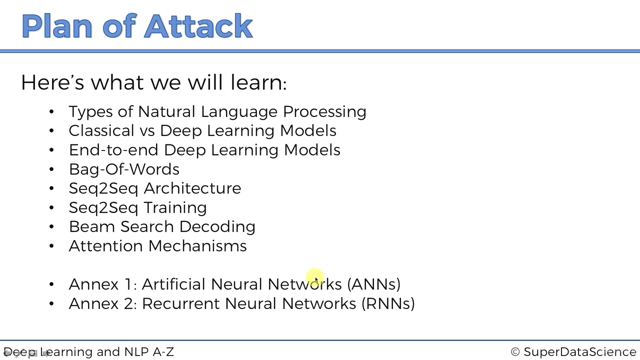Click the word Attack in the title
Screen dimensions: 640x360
(x=198, y=26)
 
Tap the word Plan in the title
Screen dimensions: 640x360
(x=57, y=26)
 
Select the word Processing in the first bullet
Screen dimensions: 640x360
(x=324, y=111)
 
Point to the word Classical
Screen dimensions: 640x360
(x=101, y=130)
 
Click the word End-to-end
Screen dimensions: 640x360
(x=113, y=149)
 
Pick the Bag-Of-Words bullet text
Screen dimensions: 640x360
(x=124, y=169)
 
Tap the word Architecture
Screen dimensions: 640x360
(x=192, y=188)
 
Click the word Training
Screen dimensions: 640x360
(x=175, y=207)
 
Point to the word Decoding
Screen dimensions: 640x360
(x=217, y=227)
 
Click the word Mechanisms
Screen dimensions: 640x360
(x=197, y=245)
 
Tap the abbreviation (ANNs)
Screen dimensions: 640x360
(x=374, y=284)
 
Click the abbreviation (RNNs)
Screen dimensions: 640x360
(x=388, y=303)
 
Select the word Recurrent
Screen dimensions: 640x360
(x=180, y=303)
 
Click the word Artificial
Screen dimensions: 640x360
(x=173, y=284)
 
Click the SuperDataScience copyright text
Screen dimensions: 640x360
(x=573, y=351)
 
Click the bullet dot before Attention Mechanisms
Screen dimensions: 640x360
(x=51, y=245)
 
